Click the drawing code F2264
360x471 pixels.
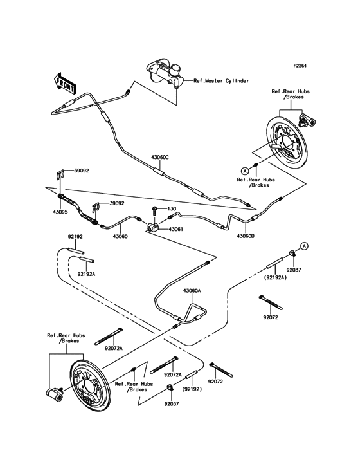303,66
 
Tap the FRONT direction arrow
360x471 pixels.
63,82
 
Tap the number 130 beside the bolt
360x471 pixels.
172,209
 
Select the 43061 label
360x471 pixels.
178,228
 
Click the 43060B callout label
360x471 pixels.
245,236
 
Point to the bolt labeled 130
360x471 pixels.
156,210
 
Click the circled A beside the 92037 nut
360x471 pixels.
305,246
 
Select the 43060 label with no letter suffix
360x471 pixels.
120,236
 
